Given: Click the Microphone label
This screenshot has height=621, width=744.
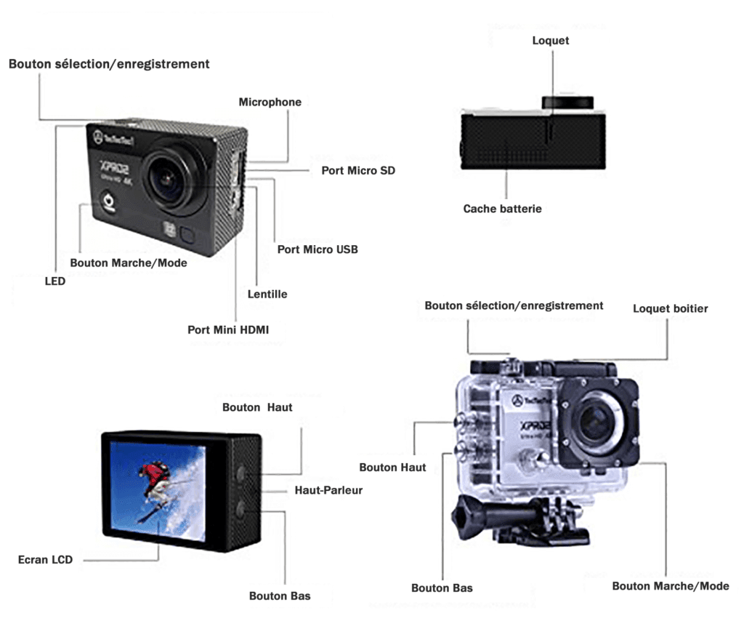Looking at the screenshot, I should pos(270,103).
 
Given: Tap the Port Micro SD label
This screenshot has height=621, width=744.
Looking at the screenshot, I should pos(358,171).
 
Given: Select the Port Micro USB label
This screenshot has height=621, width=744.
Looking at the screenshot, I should pos(318,249).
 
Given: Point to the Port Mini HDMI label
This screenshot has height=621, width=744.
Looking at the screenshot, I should pos(228,329).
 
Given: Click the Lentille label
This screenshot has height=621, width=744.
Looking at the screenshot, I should pos(267,295).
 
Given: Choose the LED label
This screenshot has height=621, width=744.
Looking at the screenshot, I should pos(55,281).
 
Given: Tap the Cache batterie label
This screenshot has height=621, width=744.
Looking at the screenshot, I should pos(502,209).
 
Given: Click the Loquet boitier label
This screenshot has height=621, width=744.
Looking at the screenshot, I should pos(670,309).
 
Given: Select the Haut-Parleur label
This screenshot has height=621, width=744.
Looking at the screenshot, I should pos(328,491).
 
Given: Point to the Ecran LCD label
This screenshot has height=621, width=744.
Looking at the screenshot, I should pos(45,560).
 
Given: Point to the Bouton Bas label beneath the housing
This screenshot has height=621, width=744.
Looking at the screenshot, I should pos(442,588).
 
